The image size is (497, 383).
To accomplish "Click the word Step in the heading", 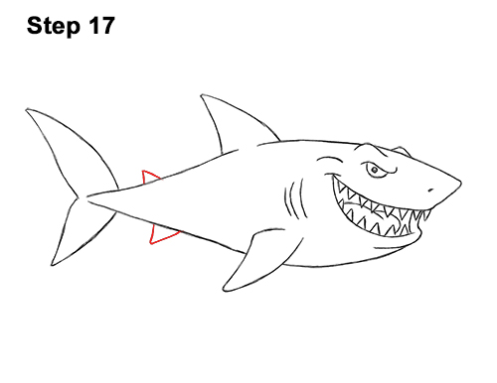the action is [x=54, y=27].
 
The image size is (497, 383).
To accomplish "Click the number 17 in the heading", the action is [x=101, y=26].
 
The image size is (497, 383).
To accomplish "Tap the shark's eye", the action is [x=375, y=170].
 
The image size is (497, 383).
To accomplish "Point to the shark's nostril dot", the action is [x=430, y=191].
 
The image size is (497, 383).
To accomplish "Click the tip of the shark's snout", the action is [x=460, y=183].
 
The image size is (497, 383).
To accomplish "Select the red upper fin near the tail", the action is [x=148, y=177].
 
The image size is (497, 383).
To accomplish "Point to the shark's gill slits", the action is [x=294, y=199].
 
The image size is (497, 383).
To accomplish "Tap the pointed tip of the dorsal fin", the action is [x=202, y=95].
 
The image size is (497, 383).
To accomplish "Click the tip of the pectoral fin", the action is [x=225, y=289].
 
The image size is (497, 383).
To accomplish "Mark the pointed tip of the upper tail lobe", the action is [x=27, y=109].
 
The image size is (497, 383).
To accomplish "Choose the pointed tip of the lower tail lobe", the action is [x=52, y=264].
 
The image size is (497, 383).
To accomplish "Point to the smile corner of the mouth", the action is [x=332, y=177].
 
